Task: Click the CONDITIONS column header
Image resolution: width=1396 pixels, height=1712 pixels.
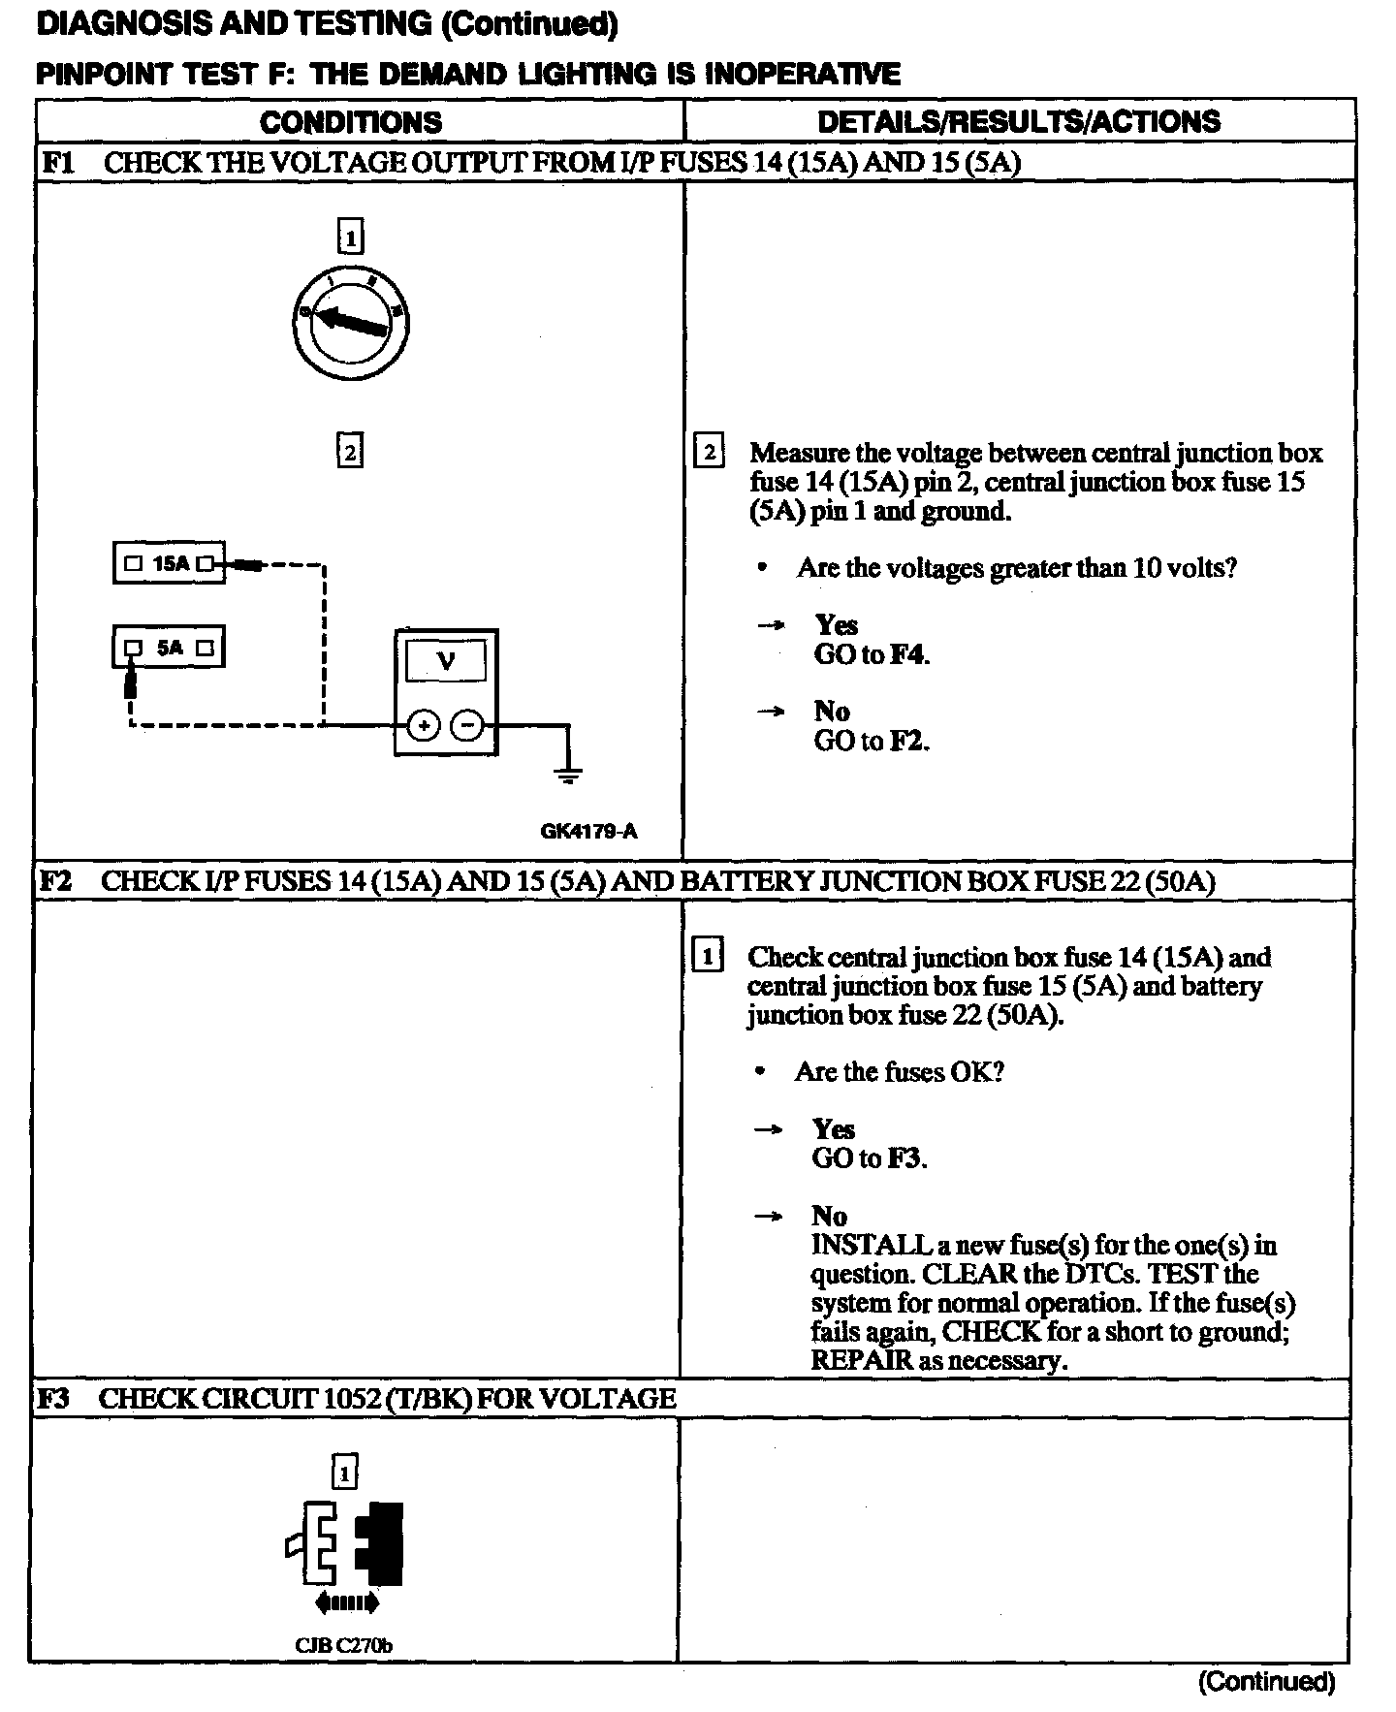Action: [x=351, y=122]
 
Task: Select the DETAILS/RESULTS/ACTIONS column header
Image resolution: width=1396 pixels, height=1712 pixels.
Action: [x=1019, y=122]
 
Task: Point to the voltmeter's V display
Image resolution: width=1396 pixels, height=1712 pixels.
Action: [x=446, y=662]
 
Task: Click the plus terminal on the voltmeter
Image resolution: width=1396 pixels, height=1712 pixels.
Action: [x=424, y=725]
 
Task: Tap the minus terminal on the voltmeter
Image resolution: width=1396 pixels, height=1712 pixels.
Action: [x=468, y=725]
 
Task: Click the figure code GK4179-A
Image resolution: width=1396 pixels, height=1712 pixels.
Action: [x=589, y=831]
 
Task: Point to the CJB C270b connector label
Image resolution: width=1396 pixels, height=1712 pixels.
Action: [x=344, y=1645]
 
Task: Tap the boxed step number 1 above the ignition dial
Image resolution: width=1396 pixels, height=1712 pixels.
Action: [x=350, y=238]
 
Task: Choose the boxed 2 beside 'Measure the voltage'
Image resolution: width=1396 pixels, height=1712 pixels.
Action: [x=710, y=452]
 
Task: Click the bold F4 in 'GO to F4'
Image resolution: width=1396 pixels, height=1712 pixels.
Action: [x=908, y=654]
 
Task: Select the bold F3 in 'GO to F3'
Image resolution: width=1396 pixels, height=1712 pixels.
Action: [x=906, y=1158]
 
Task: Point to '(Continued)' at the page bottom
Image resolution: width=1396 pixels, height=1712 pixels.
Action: [x=1266, y=1681]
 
